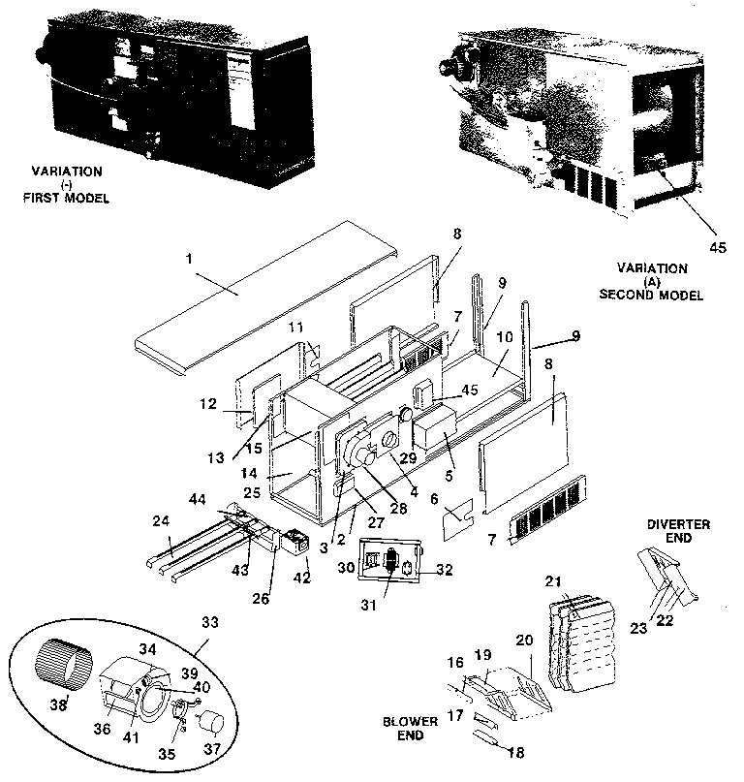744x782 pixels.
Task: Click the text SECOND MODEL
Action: pos(663,293)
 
